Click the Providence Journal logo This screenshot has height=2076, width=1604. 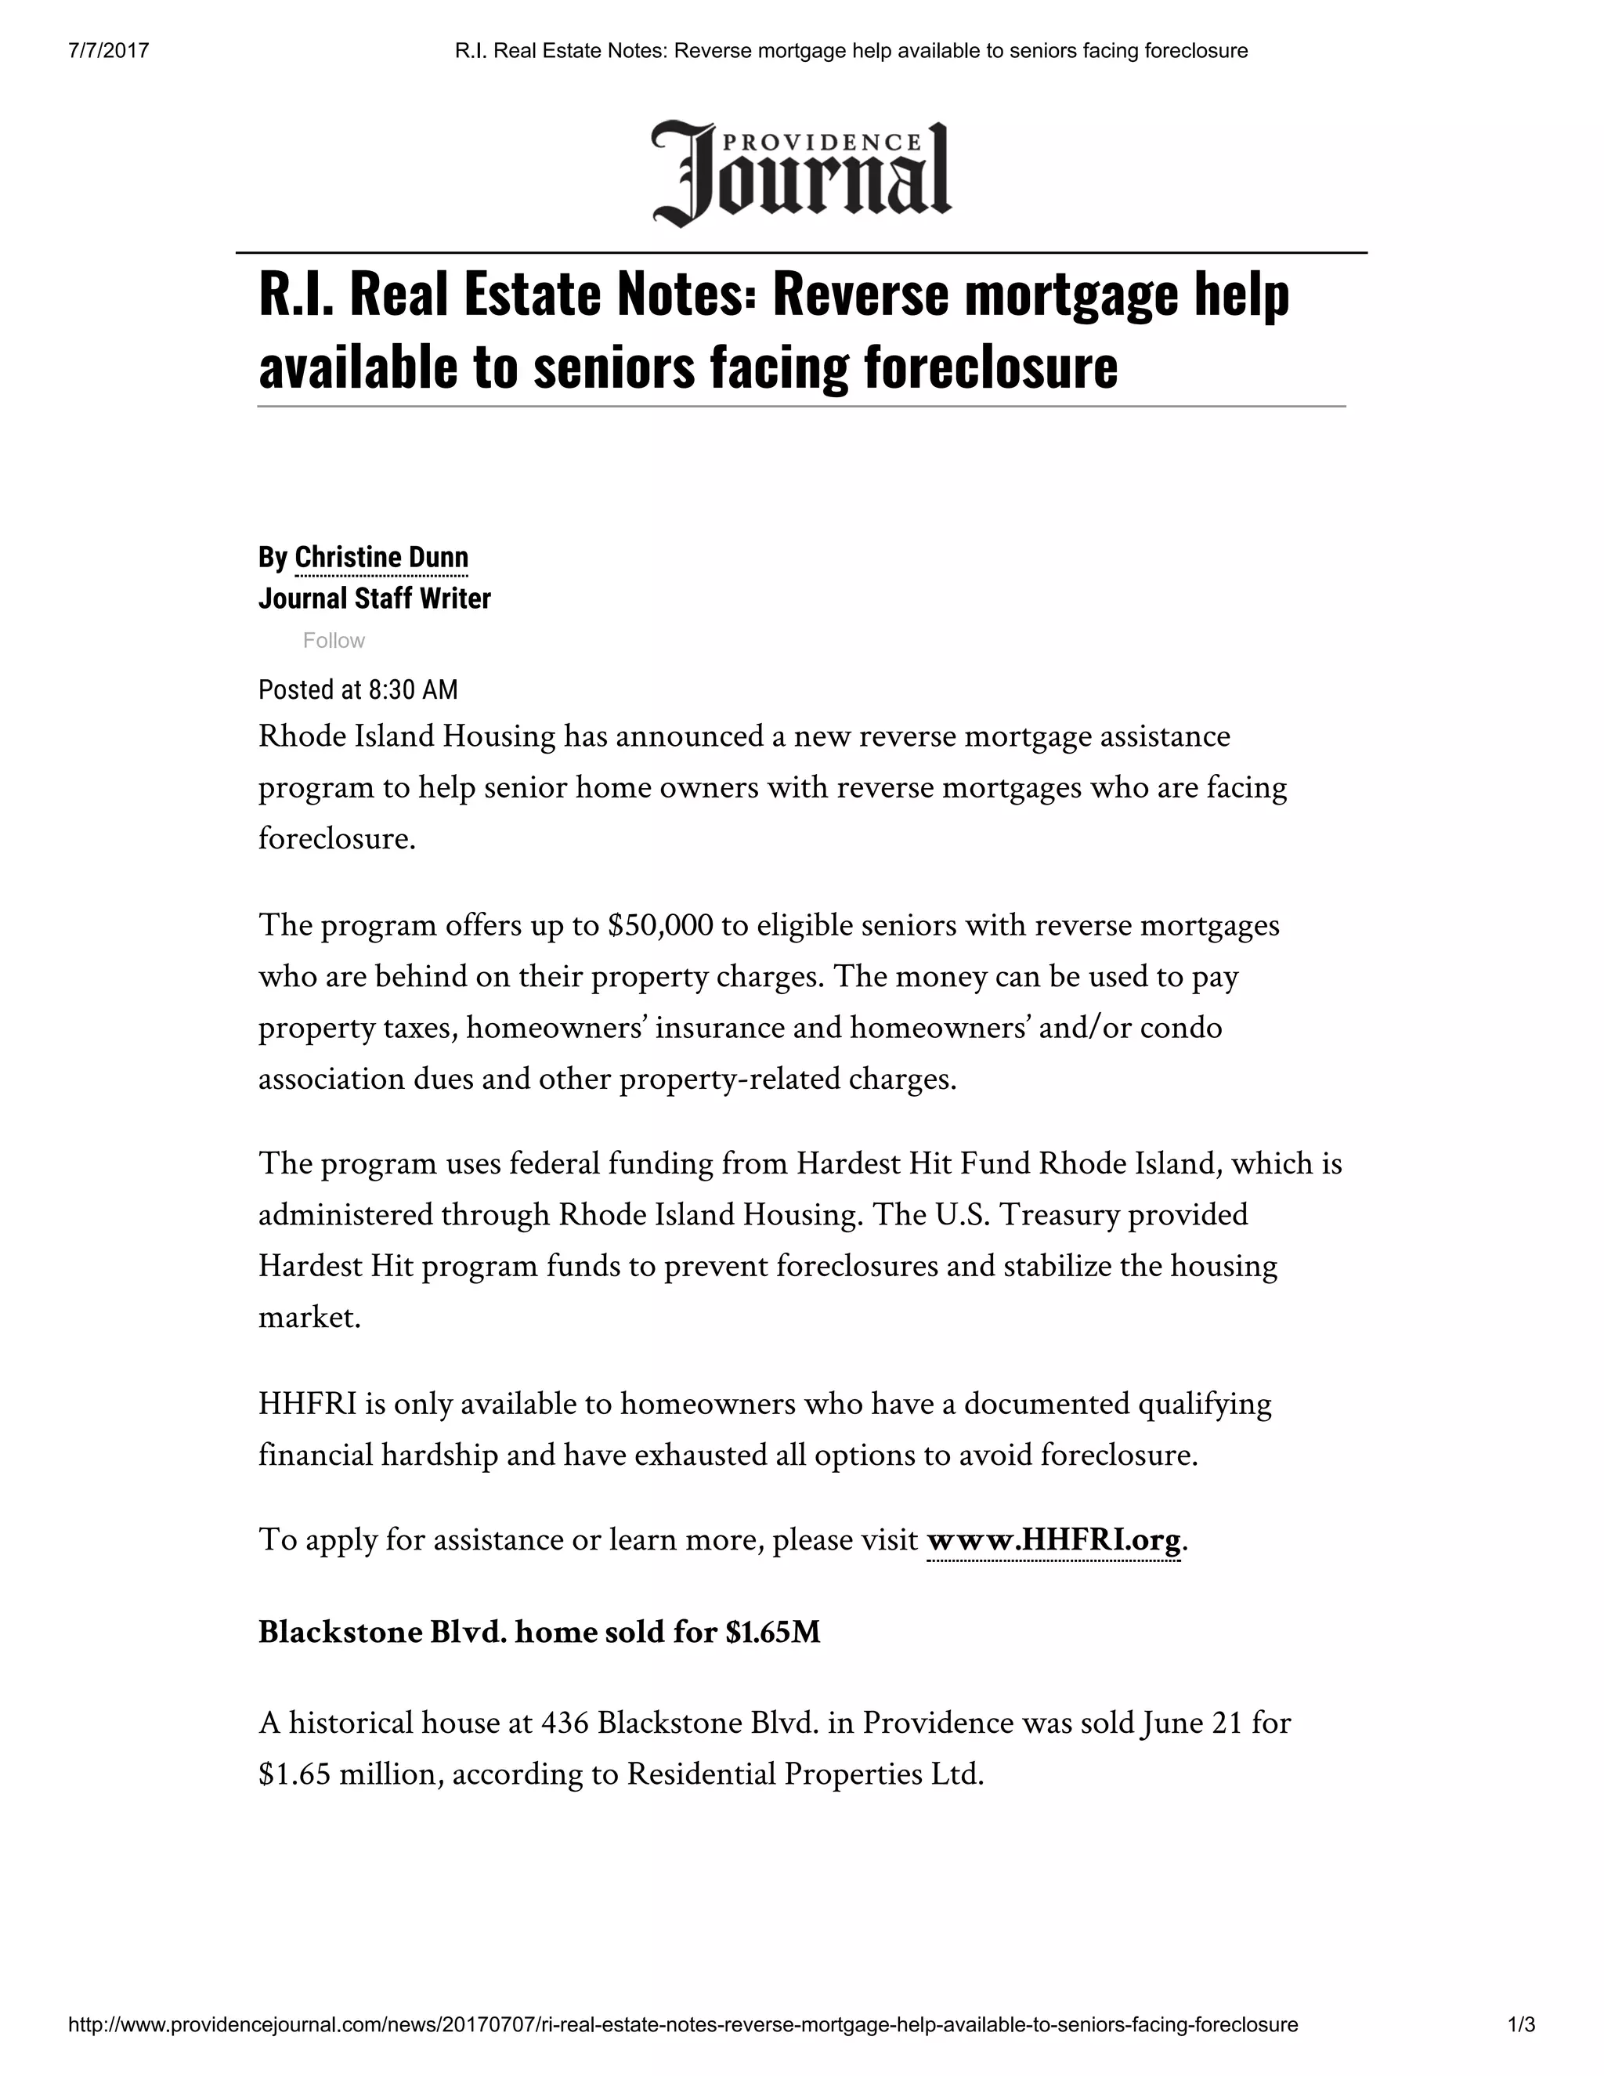[x=801, y=174]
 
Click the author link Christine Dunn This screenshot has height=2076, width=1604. [x=381, y=557]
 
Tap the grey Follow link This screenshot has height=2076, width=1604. [x=334, y=641]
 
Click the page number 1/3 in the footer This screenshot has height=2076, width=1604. [x=1521, y=2024]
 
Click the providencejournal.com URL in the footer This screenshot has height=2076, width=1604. [x=682, y=2024]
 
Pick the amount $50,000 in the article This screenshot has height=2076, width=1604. [x=659, y=925]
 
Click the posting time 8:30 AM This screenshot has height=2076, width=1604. [x=413, y=689]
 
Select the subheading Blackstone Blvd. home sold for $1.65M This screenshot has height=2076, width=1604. [x=539, y=1632]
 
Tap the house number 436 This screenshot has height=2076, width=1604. [x=565, y=1723]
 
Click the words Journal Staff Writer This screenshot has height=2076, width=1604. [x=374, y=599]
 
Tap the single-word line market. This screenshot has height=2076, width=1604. [x=310, y=1318]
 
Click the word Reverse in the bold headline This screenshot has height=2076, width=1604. [x=860, y=294]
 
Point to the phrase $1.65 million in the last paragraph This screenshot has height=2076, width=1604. [x=347, y=1774]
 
